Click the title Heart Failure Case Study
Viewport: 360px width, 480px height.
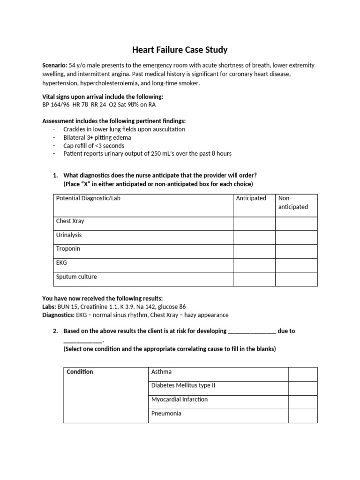point(180,49)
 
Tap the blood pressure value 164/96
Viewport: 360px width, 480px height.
point(60,105)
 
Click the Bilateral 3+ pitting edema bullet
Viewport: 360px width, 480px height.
point(97,137)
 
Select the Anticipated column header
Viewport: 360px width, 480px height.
point(251,198)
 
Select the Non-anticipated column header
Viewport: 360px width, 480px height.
point(293,202)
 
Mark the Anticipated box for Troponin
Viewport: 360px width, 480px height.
point(254,251)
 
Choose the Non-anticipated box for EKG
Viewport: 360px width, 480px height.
point(296,265)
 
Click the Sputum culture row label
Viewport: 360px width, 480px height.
point(76,277)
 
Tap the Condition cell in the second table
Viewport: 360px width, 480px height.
point(80,372)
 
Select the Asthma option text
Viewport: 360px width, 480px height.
point(161,372)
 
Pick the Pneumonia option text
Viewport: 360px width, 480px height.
point(166,413)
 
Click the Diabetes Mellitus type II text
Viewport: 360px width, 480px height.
point(183,385)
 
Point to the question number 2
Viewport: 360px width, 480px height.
point(55,331)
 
